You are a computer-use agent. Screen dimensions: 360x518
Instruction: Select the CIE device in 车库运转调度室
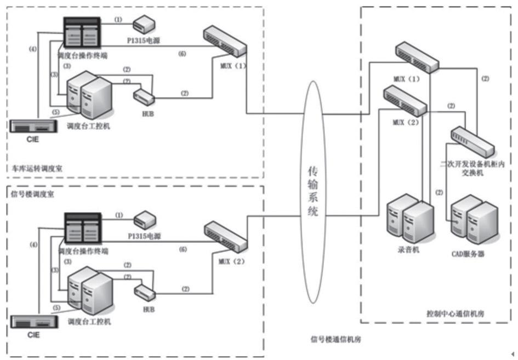pos(33,126)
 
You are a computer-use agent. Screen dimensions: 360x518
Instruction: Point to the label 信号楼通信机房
pos(336,339)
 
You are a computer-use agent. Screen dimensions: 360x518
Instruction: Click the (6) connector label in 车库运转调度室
pos(182,53)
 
